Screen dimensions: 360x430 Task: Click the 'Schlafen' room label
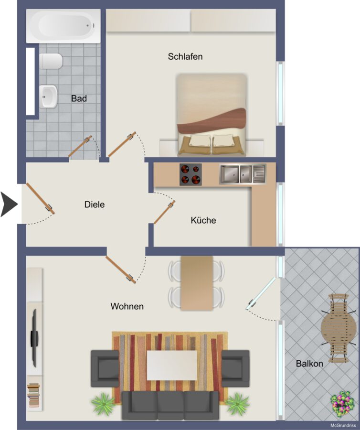pos(185,57)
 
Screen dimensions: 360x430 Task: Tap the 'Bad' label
pos(79,98)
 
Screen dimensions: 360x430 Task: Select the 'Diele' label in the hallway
pos(95,204)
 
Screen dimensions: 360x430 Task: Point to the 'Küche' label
pos(203,220)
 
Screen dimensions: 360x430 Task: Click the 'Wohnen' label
pos(127,306)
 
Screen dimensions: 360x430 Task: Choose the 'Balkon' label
pos(309,364)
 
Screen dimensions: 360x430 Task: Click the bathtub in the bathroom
pos(64,26)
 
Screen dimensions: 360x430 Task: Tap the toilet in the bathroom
pos(51,61)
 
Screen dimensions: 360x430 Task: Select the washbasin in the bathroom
pos(49,97)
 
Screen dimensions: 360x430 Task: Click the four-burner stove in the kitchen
pos(191,175)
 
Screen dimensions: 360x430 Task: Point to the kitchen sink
pos(243,174)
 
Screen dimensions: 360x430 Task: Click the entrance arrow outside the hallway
pos(9,204)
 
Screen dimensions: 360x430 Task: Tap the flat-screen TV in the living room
pos(34,338)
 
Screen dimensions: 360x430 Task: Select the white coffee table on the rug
pos(172,365)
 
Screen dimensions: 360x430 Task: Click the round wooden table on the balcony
pos(339,328)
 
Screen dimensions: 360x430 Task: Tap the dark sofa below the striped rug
pos(170,405)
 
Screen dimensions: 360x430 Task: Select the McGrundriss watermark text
pos(343,425)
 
